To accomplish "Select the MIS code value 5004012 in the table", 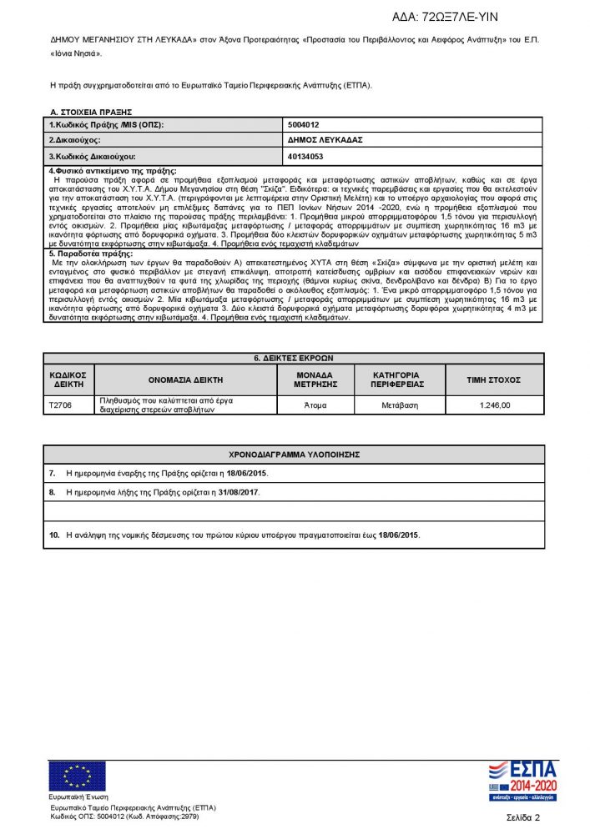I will pos(304,124).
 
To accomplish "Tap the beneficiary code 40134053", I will pos(305,156).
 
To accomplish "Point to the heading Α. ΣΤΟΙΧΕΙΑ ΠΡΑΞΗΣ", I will pos(91,112).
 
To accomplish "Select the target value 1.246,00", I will pos(495,405).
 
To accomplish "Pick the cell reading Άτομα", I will pos(315,405).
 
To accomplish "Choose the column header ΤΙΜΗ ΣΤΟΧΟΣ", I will pos(495,379).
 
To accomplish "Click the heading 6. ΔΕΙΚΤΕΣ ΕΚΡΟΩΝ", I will pos(294,358).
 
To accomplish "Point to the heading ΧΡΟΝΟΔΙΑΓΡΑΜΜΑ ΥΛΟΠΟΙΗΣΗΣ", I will pos(294,455).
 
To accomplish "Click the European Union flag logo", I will pos(71,776).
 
